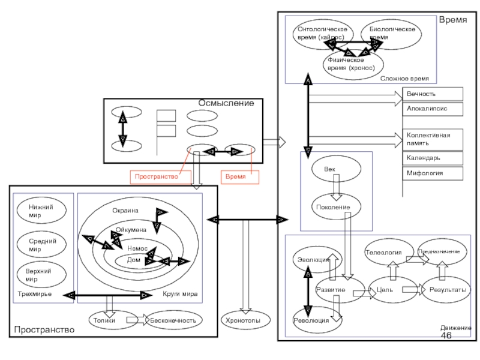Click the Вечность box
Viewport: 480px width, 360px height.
tap(433, 94)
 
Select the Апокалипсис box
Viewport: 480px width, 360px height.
tap(433, 109)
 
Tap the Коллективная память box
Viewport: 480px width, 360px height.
tap(433, 139)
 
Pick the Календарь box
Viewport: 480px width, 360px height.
tap(433, 158)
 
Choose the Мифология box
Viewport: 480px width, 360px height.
tap(433, 173)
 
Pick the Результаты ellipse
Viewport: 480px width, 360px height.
tap(448, 290)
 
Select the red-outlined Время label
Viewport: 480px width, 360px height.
tap(239, 177)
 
